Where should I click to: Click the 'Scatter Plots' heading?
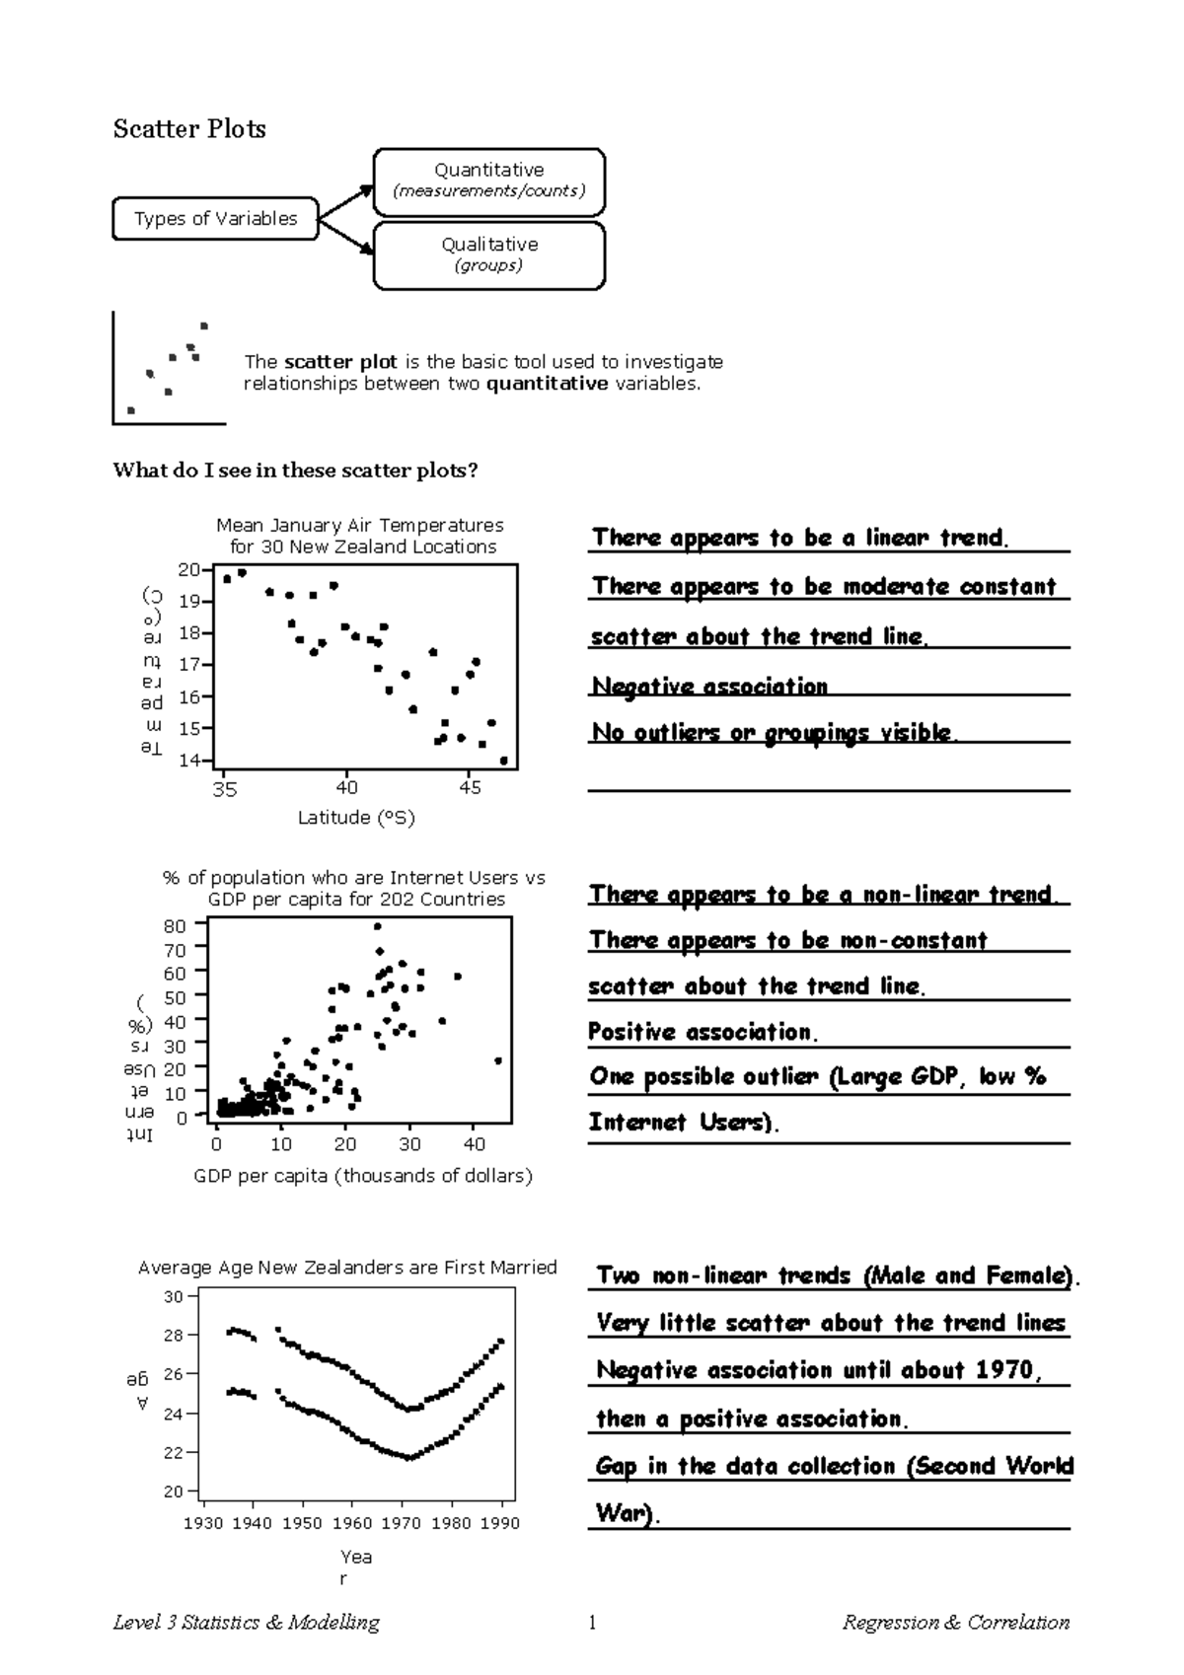tap(189, 129)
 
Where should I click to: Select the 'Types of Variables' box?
tap(215, 219)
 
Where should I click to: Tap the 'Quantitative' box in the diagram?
tap(488, 181)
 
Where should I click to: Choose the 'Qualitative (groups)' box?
tap(488, 255)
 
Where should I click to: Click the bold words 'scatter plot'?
tap(340, 362)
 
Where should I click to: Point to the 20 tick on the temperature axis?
tap(188, 569)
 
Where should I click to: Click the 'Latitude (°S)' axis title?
tap(356, 818)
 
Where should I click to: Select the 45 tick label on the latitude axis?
tap(470, 788)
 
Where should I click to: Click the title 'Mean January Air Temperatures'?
tap(360, 525)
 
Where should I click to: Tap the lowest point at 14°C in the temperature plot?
tap(504, 761)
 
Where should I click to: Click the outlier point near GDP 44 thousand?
tap(498, 1060)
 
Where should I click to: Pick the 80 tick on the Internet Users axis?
tap(175, 926)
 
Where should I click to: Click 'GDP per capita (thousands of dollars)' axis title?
tap(363, 1176)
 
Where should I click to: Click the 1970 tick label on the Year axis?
tap(401, 1523)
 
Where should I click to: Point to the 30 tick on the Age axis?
tap(174, 1297)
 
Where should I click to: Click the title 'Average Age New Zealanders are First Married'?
tap(347, 1268)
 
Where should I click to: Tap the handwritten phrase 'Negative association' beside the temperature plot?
tap(709, 686)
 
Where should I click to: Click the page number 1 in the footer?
tap(592, 1623)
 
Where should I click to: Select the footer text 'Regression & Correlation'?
tap(955, 1623)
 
